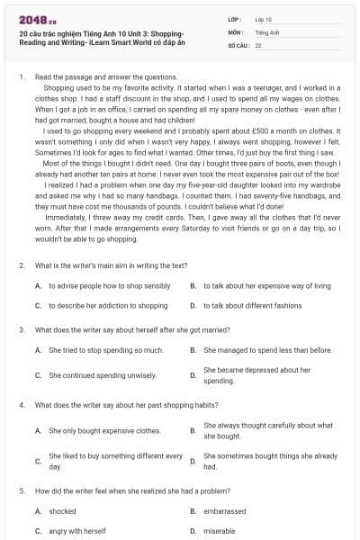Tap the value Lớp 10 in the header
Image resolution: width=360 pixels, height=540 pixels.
pos(263,18)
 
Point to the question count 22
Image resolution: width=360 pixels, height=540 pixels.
pos(258,44)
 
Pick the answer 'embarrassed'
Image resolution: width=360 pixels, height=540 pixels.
pos(224,510)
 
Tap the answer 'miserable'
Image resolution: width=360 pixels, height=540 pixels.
pos(219,530)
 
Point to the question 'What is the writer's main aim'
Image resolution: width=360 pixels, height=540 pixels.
pos(111,265)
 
